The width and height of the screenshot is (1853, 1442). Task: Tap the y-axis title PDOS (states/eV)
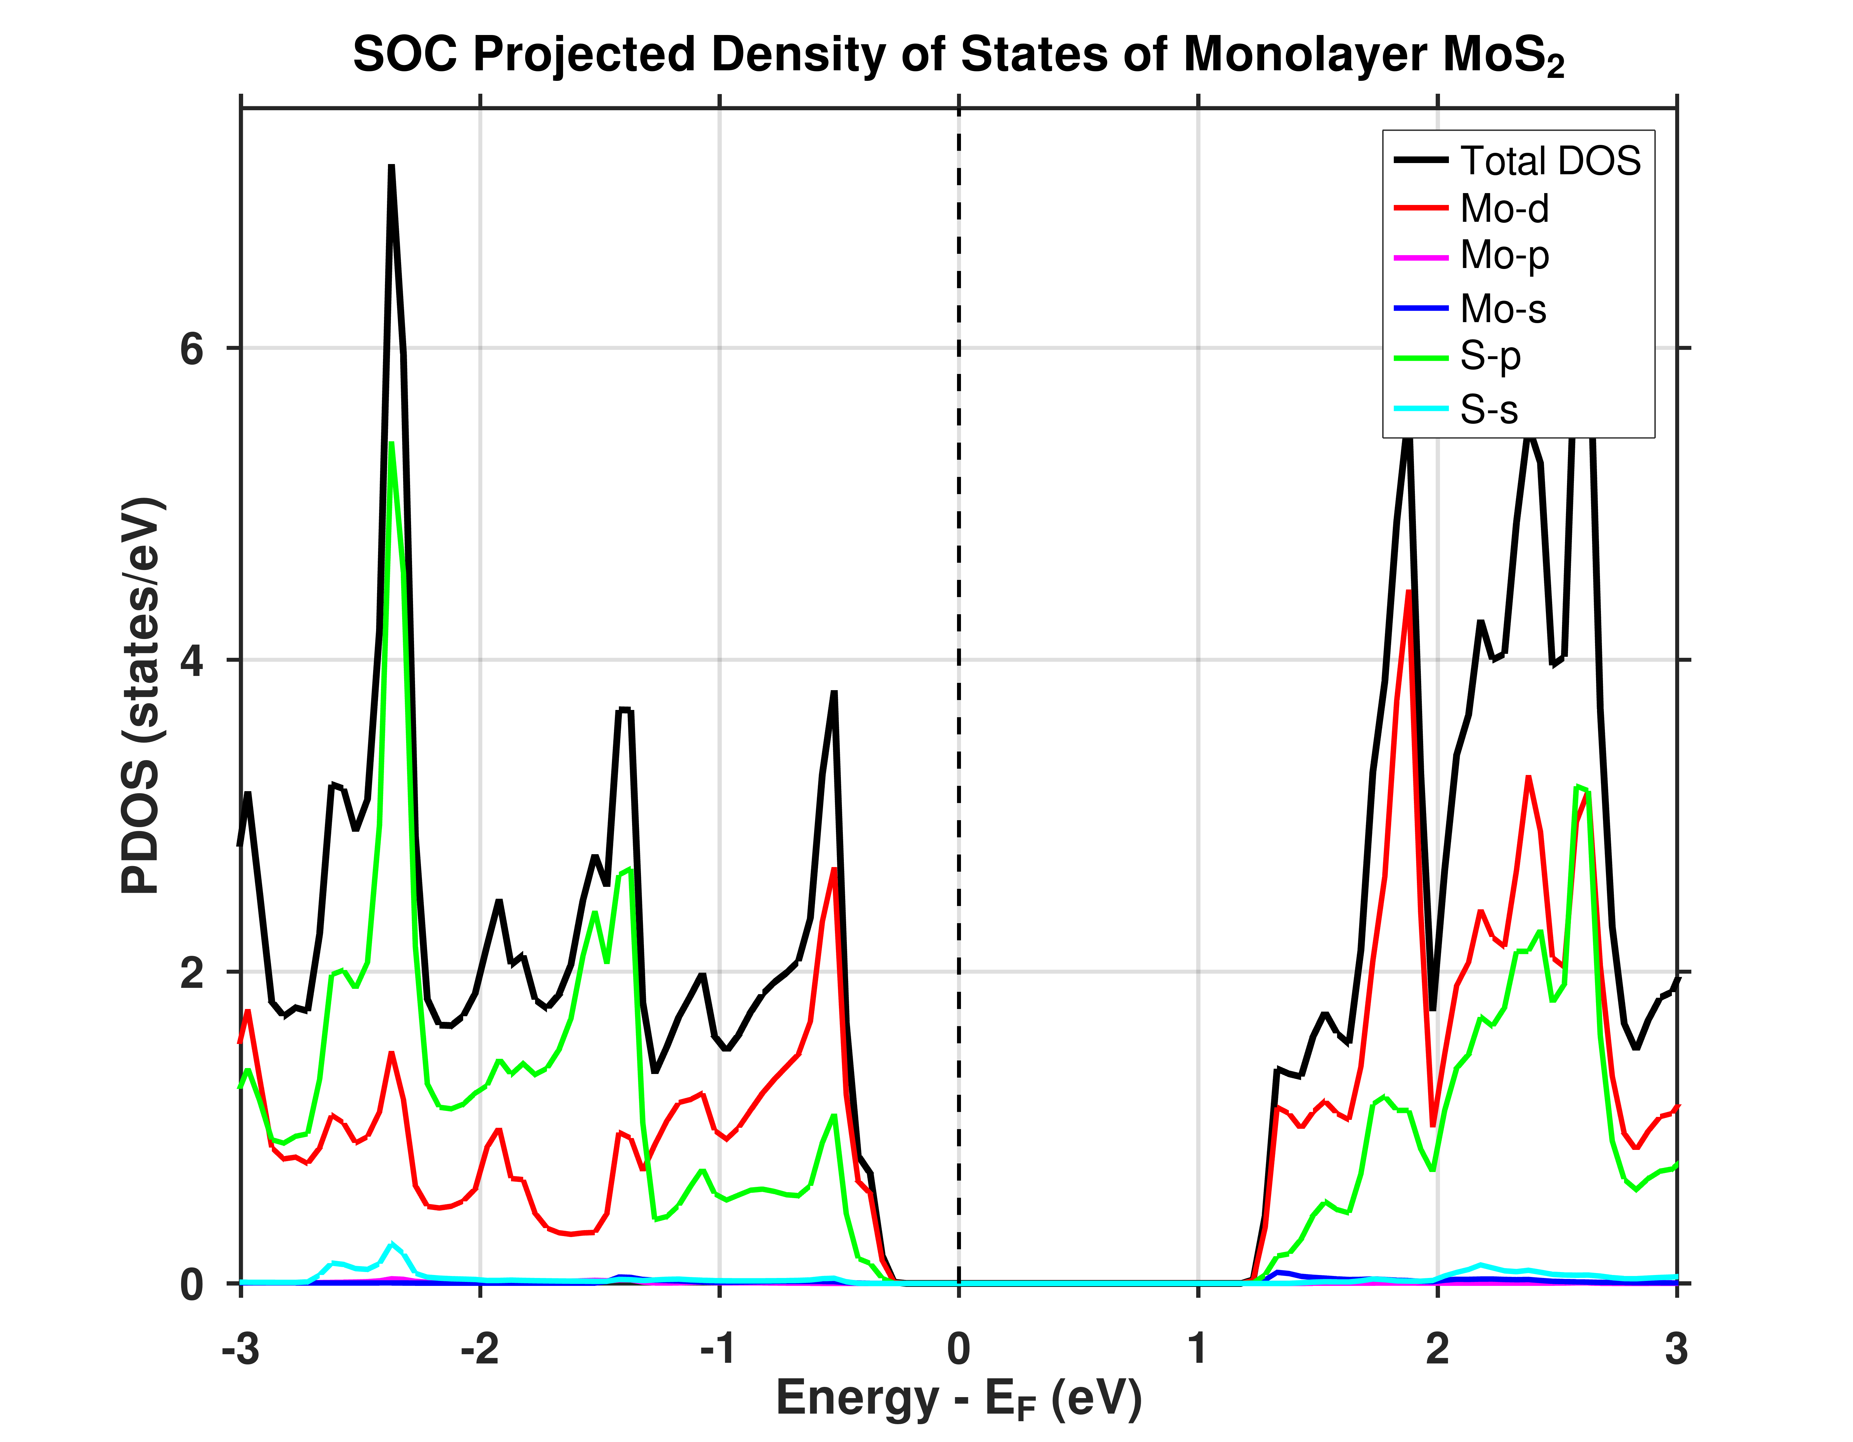(x=141, y=696)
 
